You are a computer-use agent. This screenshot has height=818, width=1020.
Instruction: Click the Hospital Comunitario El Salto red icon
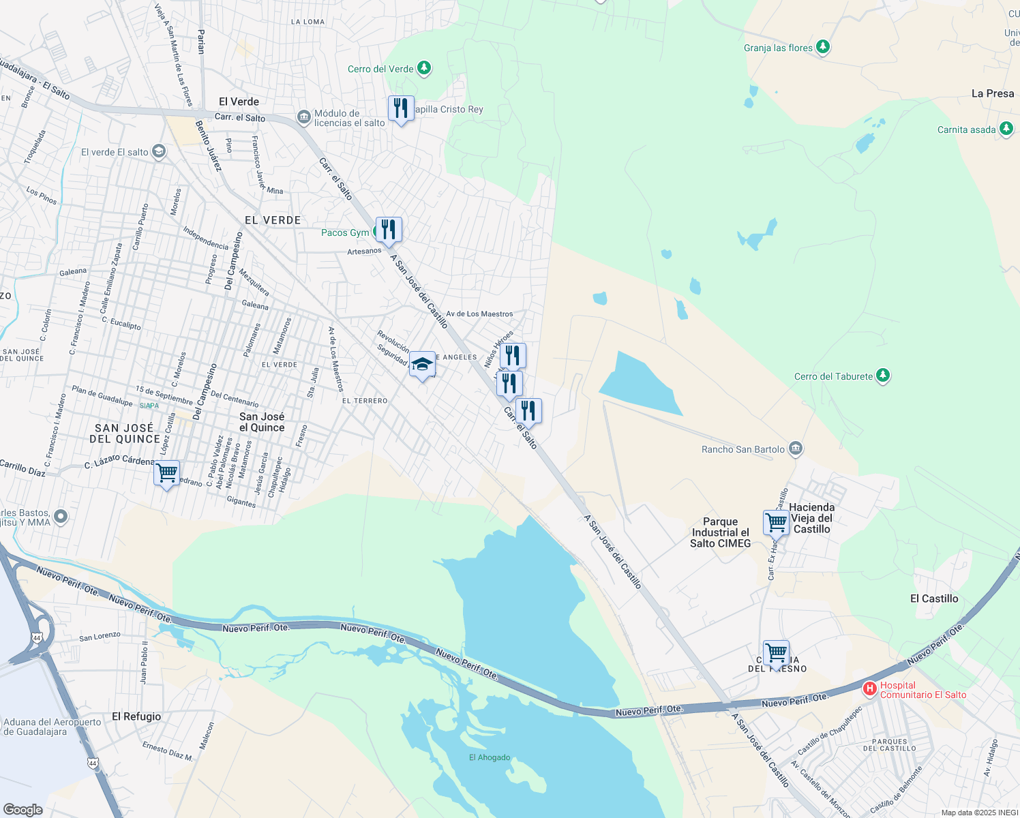tap(869, 689)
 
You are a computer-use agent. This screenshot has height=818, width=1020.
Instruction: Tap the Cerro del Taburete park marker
tap(883, 376)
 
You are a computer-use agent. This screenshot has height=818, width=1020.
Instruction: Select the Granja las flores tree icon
tap(823, 47)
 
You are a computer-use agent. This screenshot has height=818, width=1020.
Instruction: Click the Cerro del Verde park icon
tap(424, 68)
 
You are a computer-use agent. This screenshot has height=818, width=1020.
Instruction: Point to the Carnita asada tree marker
tap(1006, 129)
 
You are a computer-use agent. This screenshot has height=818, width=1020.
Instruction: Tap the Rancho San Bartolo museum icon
tap(795, 449)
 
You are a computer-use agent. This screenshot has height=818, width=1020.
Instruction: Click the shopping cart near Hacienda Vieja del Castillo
tap(776, 524)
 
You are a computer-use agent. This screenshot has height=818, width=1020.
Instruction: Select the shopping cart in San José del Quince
tap(167, 472)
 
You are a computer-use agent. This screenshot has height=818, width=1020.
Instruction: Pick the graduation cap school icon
tap(422, 365)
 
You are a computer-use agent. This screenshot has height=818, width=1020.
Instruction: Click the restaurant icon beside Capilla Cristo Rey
tap(401, 108)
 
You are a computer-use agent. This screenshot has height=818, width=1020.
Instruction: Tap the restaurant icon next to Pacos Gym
tap(389, 230)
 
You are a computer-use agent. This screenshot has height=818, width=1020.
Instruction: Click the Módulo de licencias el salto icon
tap(303, 117)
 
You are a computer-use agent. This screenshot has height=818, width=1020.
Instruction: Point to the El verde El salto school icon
tap(159, 151)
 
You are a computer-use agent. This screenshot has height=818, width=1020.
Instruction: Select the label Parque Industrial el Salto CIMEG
tap(720, 532)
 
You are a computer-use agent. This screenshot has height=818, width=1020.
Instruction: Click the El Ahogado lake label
tap(490, 757)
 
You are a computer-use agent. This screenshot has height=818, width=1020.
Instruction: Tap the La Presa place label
tap(992, 93)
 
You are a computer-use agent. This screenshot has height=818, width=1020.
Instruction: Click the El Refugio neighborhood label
tap(136, 716)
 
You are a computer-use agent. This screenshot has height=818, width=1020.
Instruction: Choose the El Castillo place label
tap(934, 599)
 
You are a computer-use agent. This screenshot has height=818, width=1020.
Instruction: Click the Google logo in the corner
tap(22, 809)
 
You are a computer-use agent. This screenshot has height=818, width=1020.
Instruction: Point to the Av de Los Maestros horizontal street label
tap(479, 314)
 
